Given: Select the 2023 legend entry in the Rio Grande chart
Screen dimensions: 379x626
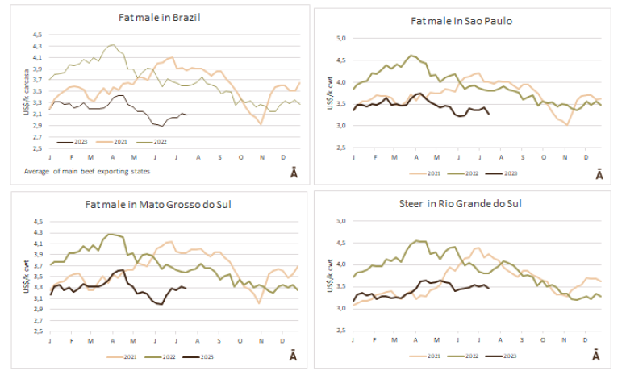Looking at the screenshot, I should pyautogui.click(x=509, y=356).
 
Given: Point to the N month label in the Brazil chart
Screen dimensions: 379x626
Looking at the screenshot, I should pyautogui.click(x=261, y=156).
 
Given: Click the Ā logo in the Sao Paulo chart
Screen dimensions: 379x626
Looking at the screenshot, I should pyautogui.click(x=599, y=173).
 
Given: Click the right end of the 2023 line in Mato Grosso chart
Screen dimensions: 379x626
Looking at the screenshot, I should pyautogui.click(x=186, y=288).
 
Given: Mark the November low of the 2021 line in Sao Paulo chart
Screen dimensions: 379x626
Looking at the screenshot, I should pyautogui.click(x=568, y=124).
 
